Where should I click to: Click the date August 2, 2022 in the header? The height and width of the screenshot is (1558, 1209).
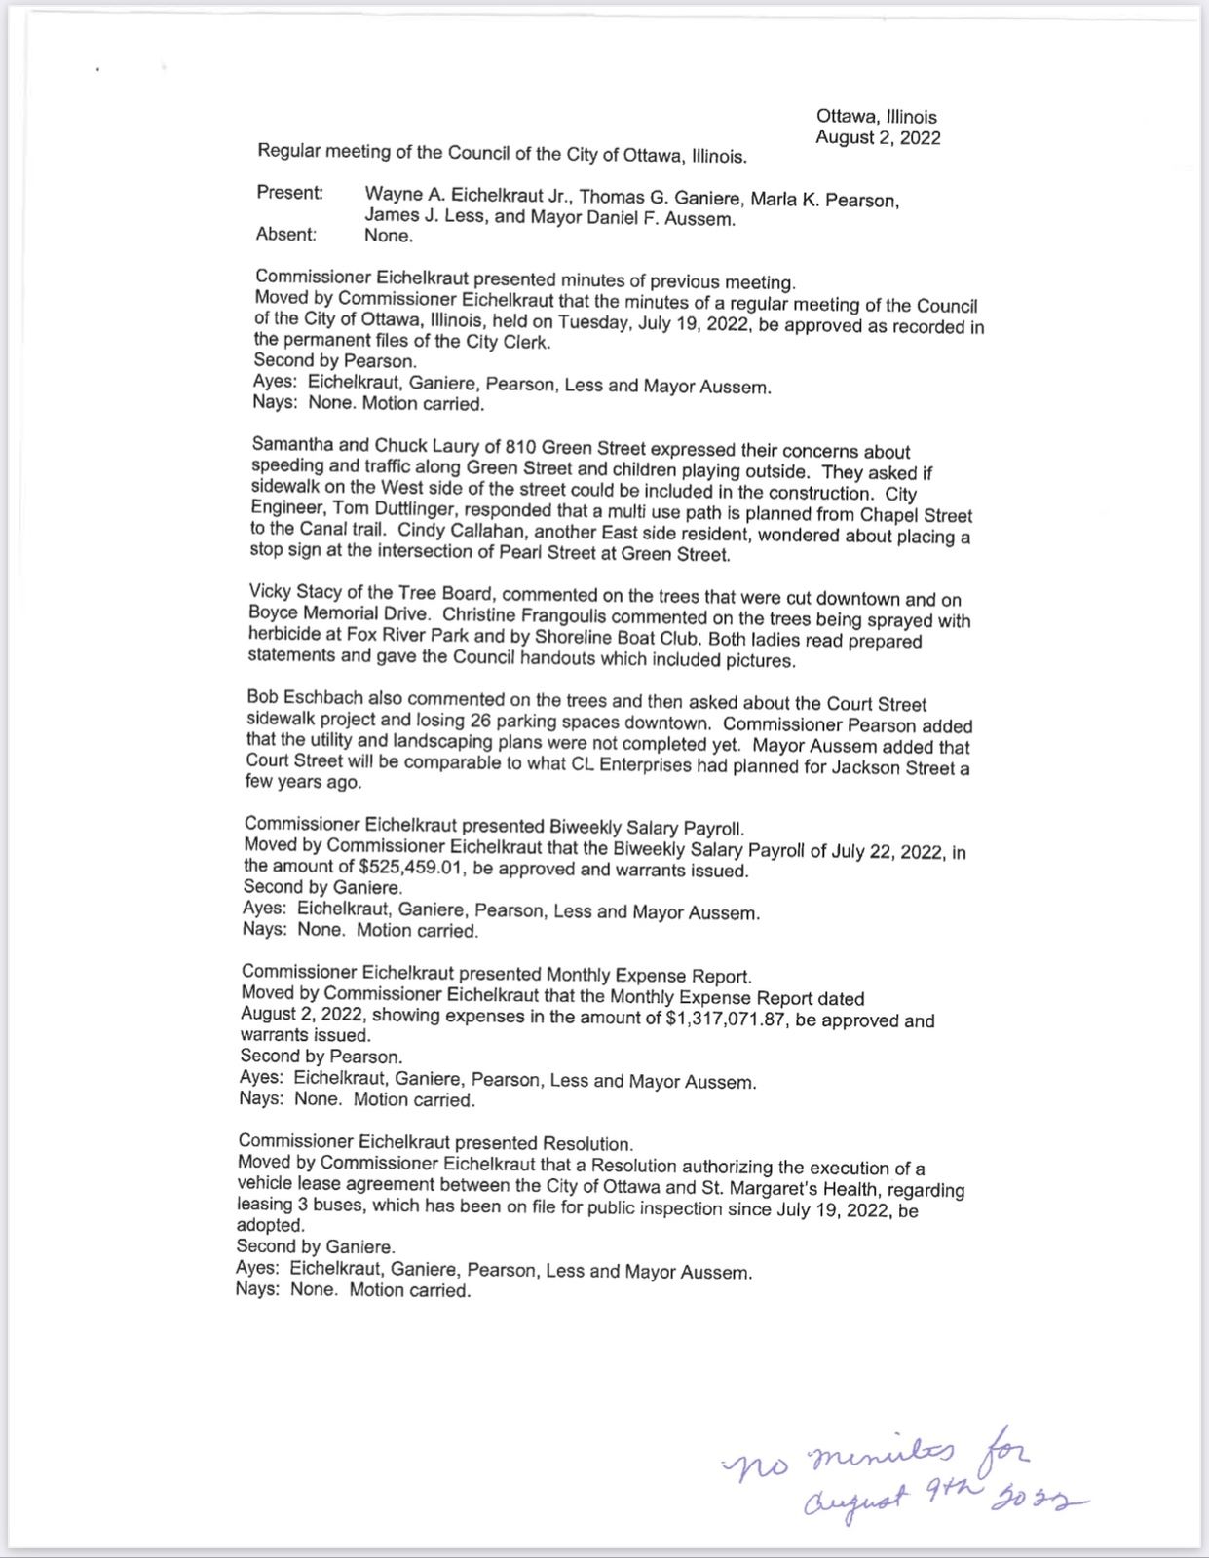[878, 138]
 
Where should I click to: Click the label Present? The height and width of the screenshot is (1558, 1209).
[289, 193]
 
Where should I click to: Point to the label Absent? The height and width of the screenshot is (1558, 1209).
[285, 234]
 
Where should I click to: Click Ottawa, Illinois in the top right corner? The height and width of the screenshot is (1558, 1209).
[876, 117]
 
